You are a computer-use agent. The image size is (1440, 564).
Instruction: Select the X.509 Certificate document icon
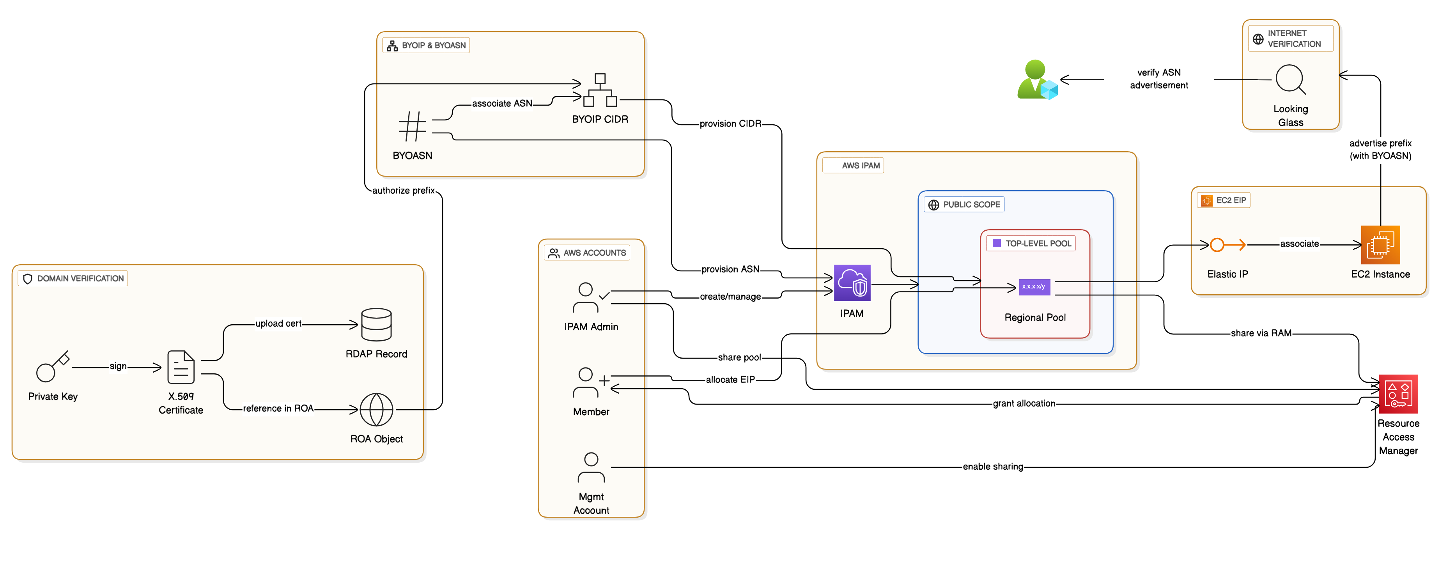tap(181, 367)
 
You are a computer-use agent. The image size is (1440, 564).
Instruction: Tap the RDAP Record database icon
tap(376, 324)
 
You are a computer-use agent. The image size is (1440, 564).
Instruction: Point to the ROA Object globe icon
tap(376, 409)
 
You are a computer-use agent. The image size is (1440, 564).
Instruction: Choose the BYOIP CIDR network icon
tap(600, 90)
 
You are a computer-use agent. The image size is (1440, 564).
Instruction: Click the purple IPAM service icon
tap(852, 283)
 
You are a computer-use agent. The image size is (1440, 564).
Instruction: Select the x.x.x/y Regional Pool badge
tap(1034, 287)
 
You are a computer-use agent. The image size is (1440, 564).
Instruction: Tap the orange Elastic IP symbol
tap(1227, 245)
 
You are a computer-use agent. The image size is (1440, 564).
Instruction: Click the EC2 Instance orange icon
tap(1380, 245)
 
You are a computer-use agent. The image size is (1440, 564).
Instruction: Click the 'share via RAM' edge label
tap(1261, 333)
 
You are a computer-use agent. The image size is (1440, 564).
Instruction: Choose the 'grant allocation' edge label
tap(1024, 403)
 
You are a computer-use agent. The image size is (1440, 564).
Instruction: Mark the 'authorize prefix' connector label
tap(403, 191)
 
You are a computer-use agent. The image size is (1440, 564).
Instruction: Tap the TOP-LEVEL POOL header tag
tap(1031, 244)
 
